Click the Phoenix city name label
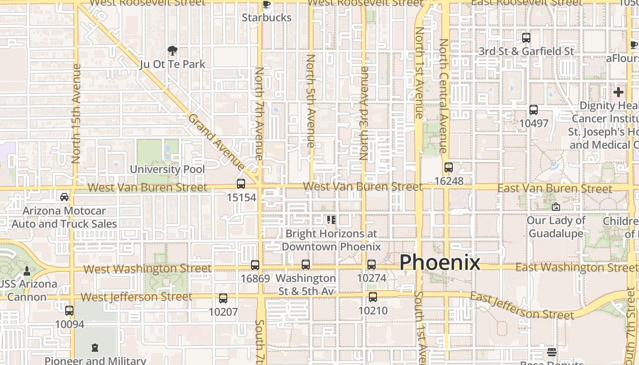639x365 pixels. click(x=440, y=263)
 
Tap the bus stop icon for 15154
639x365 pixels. click(x=241, y=184)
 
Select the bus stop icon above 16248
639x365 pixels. click(x=449, y=167)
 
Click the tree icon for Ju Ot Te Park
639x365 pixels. click(x=172, y=51)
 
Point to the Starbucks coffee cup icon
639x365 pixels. click(x=267, y=5)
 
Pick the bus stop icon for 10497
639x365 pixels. click(x=534, y=110)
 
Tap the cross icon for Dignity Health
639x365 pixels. click(x=618, y=92)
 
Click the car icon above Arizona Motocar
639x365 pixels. click(x=64, y=197)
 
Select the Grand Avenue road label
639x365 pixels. click(x=216, y=142)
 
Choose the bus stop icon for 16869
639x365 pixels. click(x=255, y=265)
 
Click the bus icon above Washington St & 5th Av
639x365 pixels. click(x=306, y=264)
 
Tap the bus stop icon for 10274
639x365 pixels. click(x=372, y=264)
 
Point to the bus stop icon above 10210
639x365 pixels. click(x=373, y=297)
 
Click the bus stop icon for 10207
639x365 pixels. click(x=223, y=298)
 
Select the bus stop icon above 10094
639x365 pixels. click(x=69, y=311)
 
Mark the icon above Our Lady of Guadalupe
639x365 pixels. click(x=555, y=207)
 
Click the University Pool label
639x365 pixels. click(x=168, y=169)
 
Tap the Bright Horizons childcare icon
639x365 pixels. click(x=331, y=220)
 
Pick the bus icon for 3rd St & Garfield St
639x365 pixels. click(x=526, y=38)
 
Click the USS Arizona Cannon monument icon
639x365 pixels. click(x=27, y=271)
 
